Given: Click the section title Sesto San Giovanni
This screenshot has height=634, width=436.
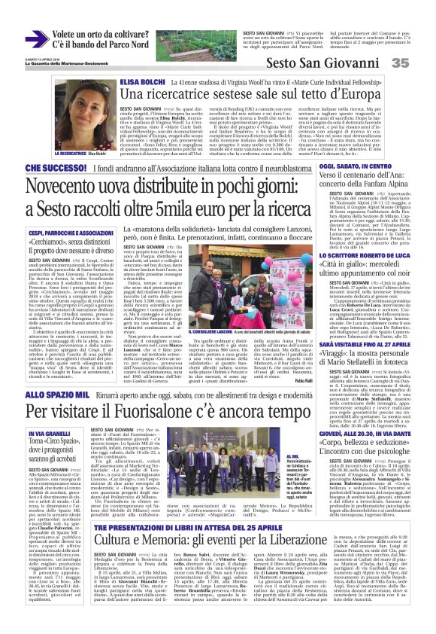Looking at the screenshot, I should tap(331, 63).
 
